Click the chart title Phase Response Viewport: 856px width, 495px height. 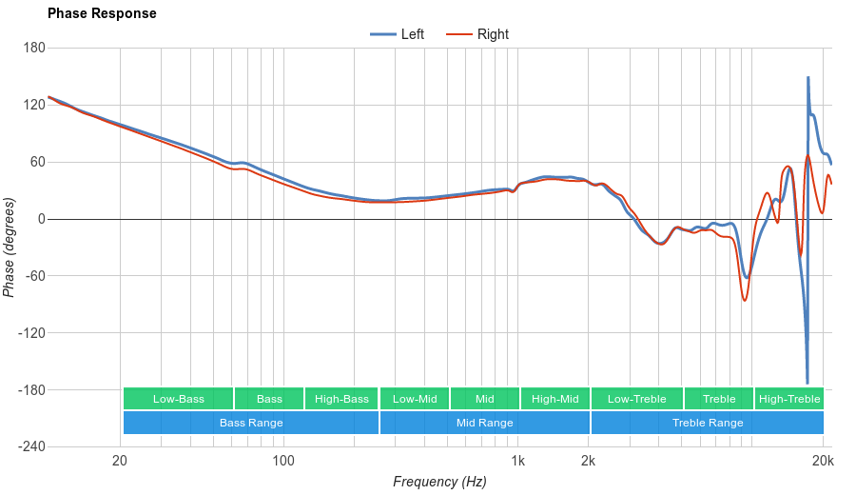click(102, 14)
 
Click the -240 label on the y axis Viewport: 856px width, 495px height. click(30, 447)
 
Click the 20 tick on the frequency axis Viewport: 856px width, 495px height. click(120, 462)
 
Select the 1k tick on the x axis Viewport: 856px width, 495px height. click(517, 462)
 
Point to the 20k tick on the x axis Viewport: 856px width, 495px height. click(823, 462)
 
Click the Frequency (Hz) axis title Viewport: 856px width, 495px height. click(439, 482)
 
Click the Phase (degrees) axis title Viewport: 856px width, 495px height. click(10, 247)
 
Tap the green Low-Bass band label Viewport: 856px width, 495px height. click(179, 399)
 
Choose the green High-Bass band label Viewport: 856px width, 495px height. click(341, 399)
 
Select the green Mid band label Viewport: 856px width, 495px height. click(485, 399)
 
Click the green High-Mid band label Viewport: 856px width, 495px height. click(555, 399)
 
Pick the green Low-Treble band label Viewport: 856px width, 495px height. click(636, 399)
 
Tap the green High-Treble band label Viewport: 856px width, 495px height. click(789, 399)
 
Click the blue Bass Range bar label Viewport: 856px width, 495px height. click(251, 423)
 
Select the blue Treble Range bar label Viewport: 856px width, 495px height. click(708, 423)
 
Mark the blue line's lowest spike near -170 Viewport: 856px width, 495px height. click(807, 382)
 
